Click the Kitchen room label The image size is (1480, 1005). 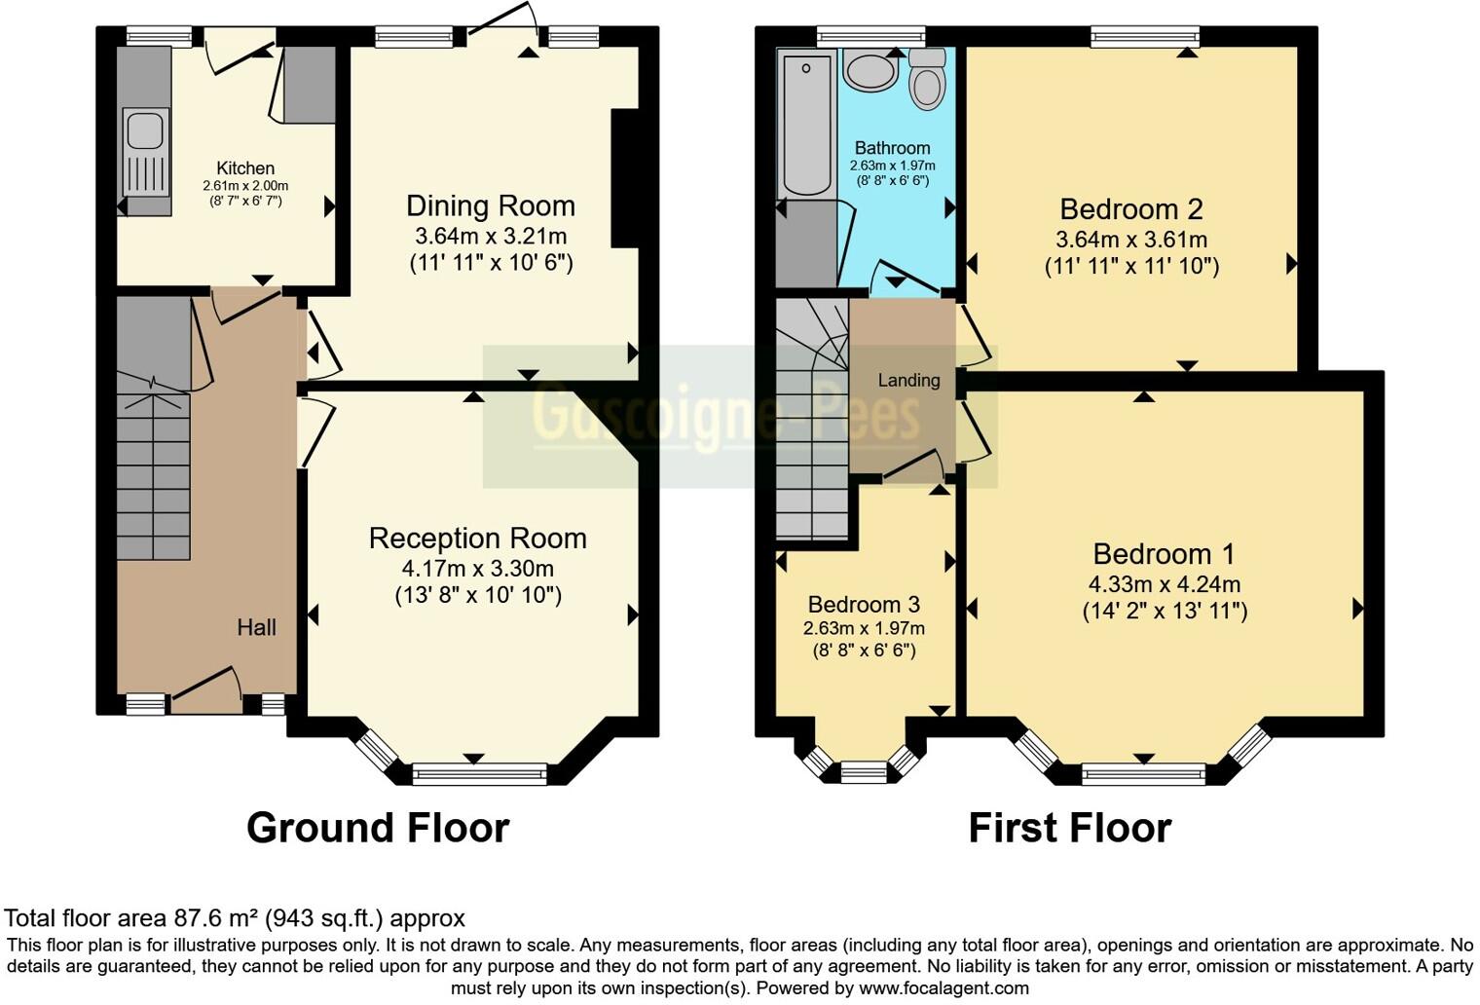(x=245, y=168)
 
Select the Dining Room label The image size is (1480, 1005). (x=490, y=206)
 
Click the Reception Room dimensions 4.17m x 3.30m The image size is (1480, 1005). (x=477, y=568)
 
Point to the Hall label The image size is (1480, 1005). (x=256, y=628)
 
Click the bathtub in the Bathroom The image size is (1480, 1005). (x=806, y=124)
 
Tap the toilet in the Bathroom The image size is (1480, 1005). (x=927, y=81)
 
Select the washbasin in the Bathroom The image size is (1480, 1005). (x=870, y=70)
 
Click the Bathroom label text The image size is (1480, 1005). (x=892, y=148)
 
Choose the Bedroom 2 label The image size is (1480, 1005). (x=1130, y=209)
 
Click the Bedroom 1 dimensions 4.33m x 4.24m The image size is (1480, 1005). (x=1164, y=584)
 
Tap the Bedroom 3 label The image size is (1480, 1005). (x=864, y=605)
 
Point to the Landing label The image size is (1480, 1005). (x=908, y=381)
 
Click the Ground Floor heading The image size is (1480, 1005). (x=378, y=828)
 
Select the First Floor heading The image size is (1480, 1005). (x=1069, y=828)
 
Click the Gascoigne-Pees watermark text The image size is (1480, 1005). (x=725, y=415)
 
